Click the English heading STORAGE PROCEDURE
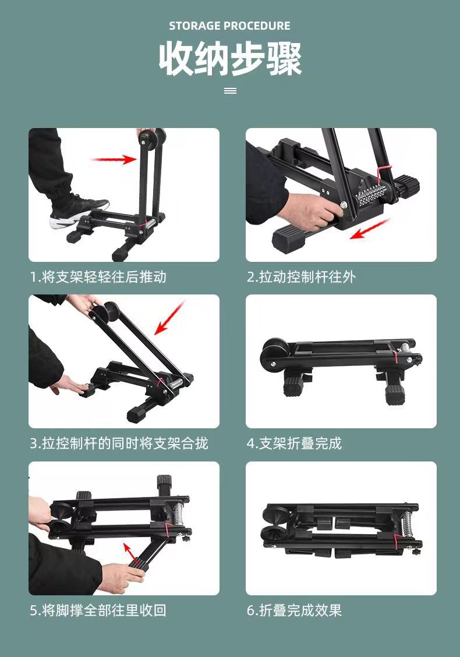click(229, 26)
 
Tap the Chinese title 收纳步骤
click(230, 59)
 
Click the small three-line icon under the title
click(230, 91)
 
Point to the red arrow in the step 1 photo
click(114, 158)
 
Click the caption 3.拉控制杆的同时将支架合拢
click(119, 443)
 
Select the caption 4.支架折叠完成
click(293, 443)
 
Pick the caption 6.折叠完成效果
click(293, 610)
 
